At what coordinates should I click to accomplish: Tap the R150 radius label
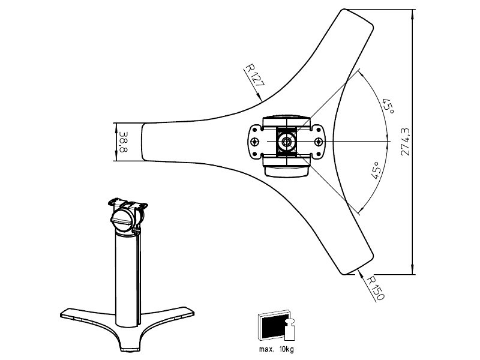pyautogui.click(x=375, y=289)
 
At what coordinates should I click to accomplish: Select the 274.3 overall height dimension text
pyautogui.click(x=406, y=142)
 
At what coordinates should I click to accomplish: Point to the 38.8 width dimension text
pyautogui.click(x=124, y=142)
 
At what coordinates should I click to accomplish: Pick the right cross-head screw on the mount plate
pyautogui.click(x=319, y=142)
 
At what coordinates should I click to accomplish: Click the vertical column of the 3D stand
pyautogui.click(x=125, y=276)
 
